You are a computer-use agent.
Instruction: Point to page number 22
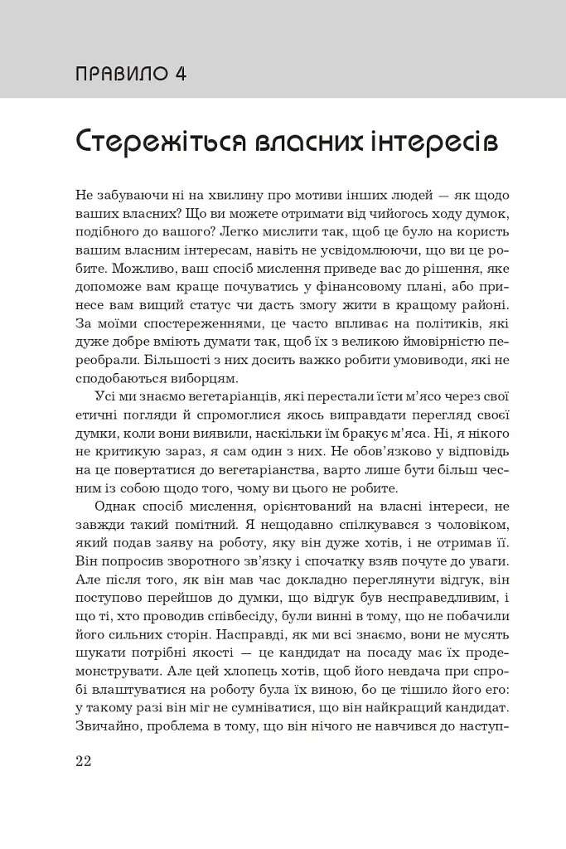click(83, 762)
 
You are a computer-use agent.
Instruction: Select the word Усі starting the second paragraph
click(104, 395)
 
